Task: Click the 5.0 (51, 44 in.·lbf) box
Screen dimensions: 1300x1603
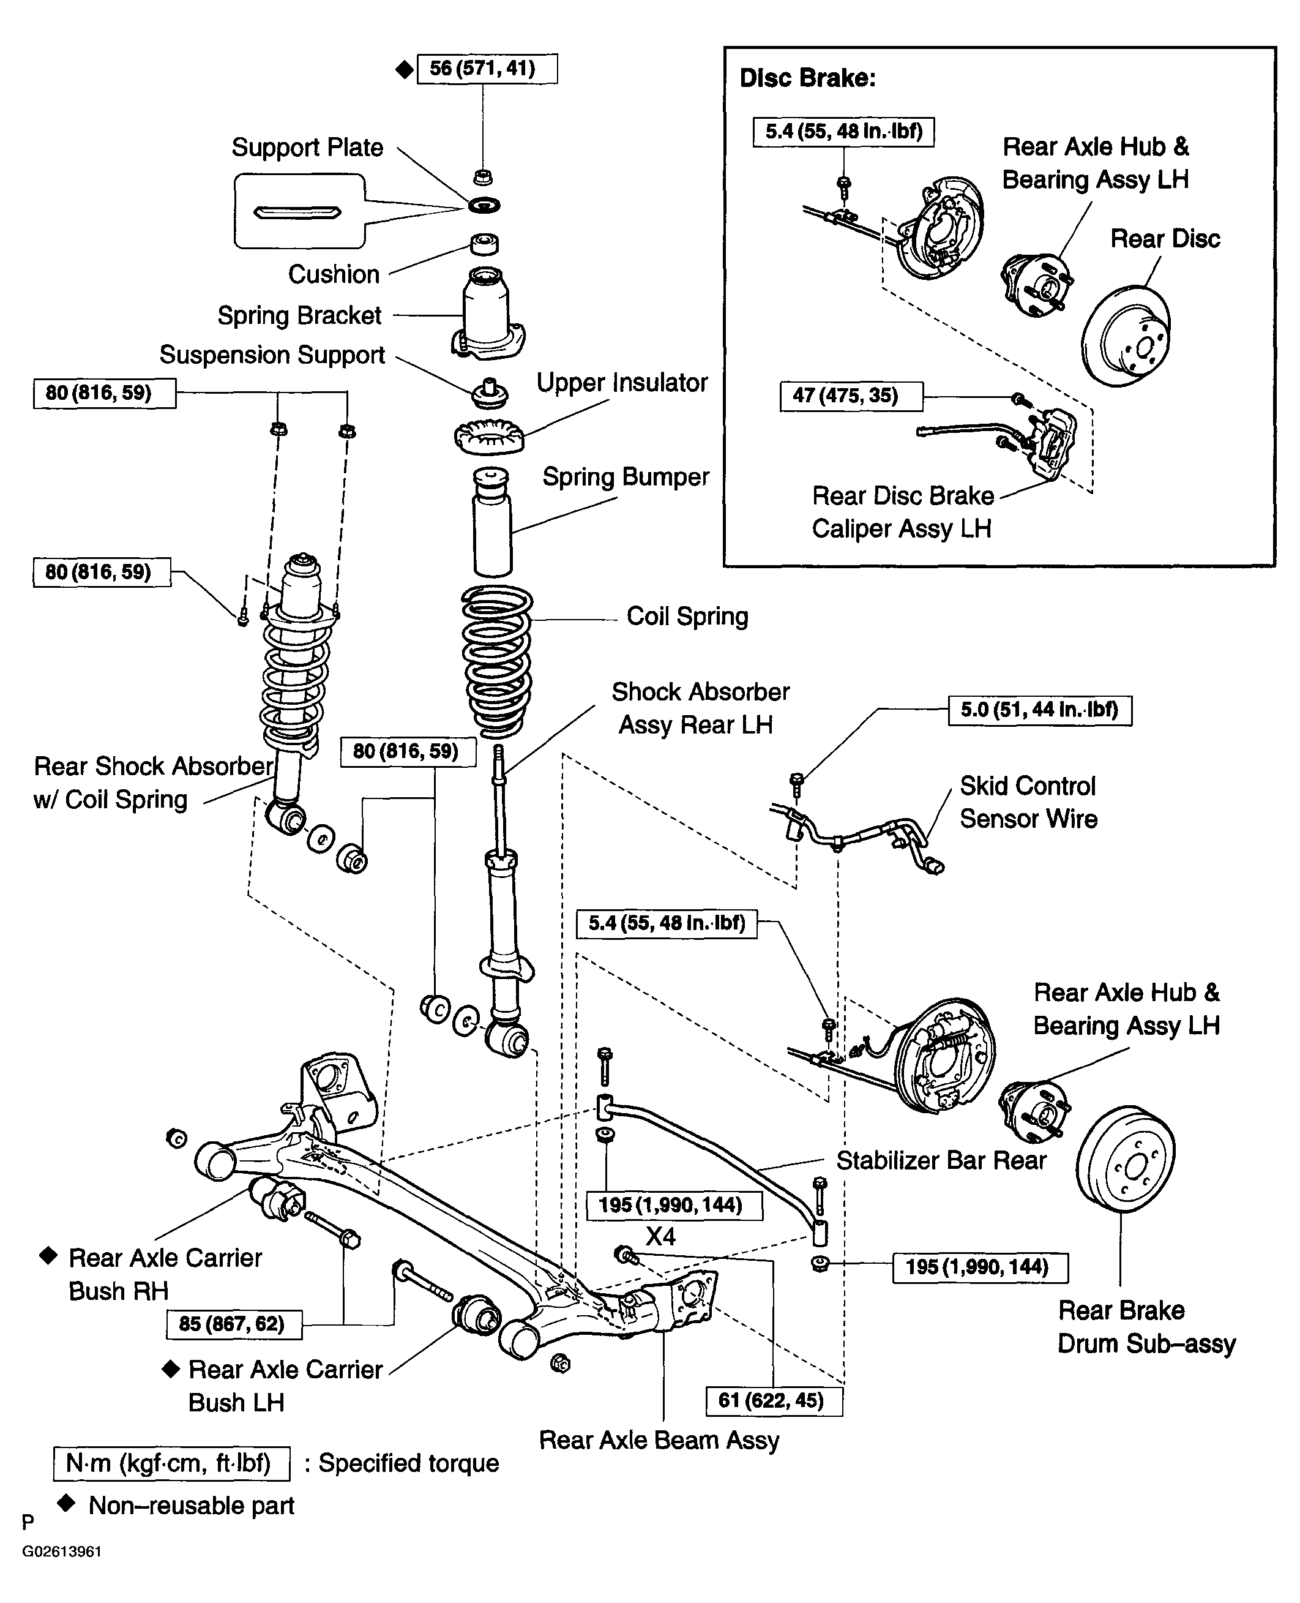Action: pos(1040,710)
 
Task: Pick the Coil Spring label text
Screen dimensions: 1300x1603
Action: pos(687,617)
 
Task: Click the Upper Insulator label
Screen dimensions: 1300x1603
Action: pos(622,383)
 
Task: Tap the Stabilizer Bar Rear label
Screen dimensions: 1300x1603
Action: pos(941,1160)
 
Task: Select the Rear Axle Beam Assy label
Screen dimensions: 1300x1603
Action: pos(659,1441)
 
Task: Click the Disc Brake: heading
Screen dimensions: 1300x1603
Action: pos(807,78)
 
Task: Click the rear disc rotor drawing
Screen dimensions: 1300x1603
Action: pos(1126,335)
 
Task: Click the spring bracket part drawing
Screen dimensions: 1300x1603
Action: pos(487,312)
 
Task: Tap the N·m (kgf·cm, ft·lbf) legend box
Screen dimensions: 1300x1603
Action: pos(171,1463)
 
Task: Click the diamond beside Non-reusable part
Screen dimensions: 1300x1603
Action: pos(66,1503)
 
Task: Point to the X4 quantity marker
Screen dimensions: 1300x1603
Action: pos(660,1236)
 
